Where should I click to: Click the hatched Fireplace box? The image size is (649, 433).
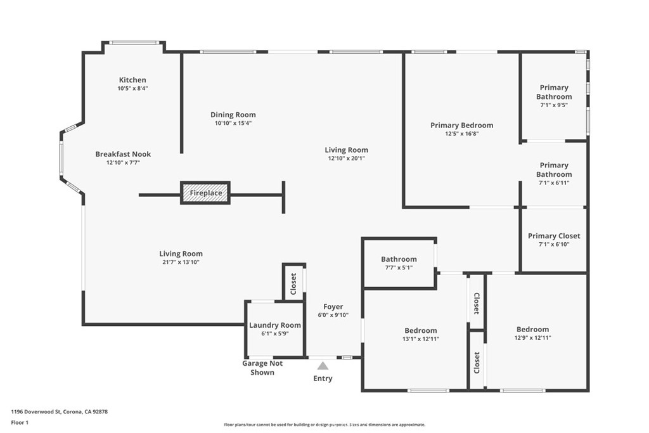pyautogui.click(x=205, y=193)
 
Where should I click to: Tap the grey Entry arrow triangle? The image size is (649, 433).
pyautogui.click(x=323, y=366)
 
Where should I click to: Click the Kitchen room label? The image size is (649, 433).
pyautogui.click(x=132, y=80)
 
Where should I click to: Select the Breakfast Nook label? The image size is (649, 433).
pyautogui.click(x=123, y=154)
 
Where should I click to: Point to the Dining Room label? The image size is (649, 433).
pyautogui.click(x=233, y=115)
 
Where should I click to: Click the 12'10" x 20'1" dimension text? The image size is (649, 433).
pyautogui.click(x=347, y=158)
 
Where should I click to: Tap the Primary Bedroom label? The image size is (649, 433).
pyautogui.click(x=462, y=125)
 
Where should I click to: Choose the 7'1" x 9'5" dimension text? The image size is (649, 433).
pyautogui.click(x=554, y=105)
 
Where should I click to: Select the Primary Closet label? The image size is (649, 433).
pyautogui.click(x=554, y=236)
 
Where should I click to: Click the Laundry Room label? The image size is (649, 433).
pyautogui.click(x=275, y=325)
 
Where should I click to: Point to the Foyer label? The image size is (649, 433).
pyautogui.click(x=333, y=307)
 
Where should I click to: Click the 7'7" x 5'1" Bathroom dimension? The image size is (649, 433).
pyautogui.click(x=399, y=268)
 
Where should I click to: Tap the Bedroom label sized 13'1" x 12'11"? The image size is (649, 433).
pyautogui.click(x=421, y=330)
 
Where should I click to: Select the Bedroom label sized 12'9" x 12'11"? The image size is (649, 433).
pyautogui.click(x=532, y=330)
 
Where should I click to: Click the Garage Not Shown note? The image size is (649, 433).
pyautogui.click(x=262, y=368)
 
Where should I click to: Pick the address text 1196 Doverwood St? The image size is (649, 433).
pyautogui.click(x=36, y=412)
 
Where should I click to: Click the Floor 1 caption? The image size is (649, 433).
pyautogui.click(x=20, y=423)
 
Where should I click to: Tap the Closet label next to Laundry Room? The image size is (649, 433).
pyautogui.click(x=293, y=284)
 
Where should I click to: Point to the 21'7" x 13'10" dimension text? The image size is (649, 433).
pyautogui.click(x=181, y=262)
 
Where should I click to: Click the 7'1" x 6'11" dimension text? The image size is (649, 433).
pyautogui.click(x=554, y=183)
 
